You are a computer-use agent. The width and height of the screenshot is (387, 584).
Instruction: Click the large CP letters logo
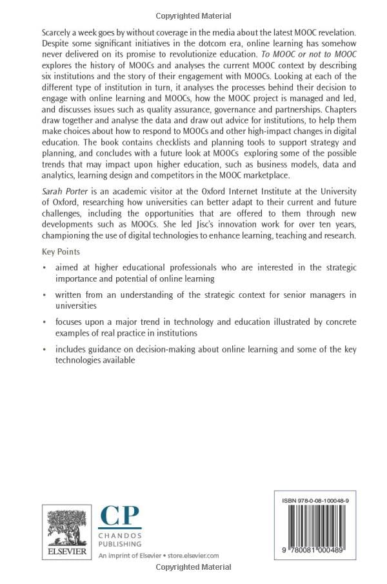point(119,517)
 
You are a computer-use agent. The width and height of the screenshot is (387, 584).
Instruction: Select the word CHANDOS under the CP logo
point(118,536)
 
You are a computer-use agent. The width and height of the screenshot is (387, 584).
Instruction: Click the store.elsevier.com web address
point(193,555)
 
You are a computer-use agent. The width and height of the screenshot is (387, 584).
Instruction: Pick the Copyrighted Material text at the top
point(193,15)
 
